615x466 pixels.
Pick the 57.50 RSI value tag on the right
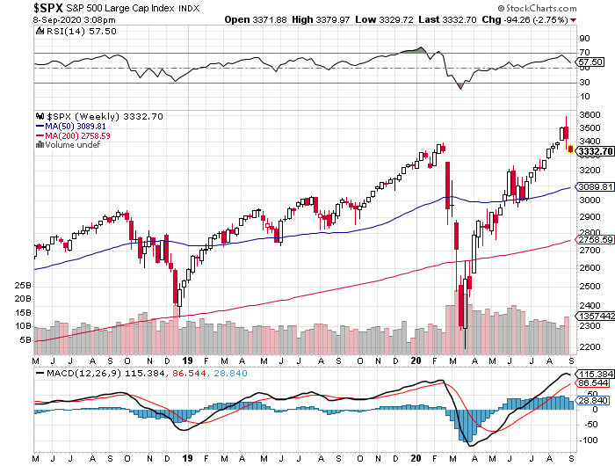point(590,62)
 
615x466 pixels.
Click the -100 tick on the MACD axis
point(587,441)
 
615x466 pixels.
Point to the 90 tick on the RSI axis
point(582,40)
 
